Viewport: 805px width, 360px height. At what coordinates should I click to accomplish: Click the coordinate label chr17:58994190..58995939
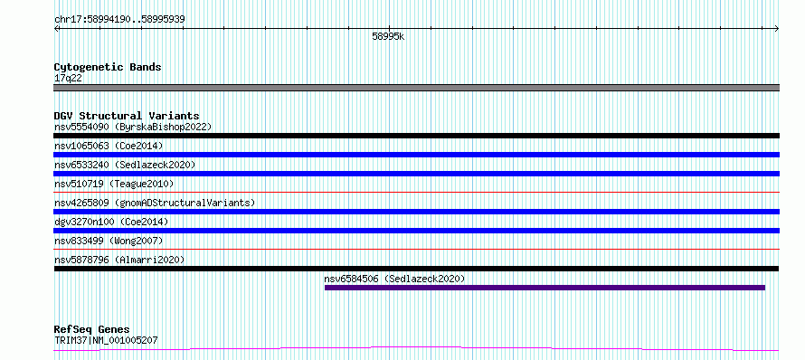(x=119, y=20)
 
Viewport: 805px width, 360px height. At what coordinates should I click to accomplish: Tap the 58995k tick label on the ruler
(x=388, y=37)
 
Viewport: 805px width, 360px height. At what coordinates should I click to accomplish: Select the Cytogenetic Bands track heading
(x=108, y=67)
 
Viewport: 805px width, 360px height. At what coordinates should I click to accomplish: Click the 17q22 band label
(x=68, y=79)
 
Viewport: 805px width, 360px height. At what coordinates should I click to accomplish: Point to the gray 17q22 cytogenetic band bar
(x=416, y=88)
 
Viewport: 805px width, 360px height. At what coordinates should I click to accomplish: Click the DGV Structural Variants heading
(x=127, y=116)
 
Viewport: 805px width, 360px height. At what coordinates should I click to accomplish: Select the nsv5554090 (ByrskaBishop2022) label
(x=133, y=127)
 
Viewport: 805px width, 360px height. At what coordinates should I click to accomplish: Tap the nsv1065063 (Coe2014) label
(x=109, y=146)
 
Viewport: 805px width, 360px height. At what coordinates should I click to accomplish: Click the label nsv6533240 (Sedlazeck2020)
(x=125, y=165)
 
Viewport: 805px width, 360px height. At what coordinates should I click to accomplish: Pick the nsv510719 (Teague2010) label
(x=114, y=184)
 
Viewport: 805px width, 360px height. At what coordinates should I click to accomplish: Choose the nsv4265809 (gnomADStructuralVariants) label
(x=155, y=203)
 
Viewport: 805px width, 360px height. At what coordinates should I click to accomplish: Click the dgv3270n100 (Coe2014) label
(x=111, y=222)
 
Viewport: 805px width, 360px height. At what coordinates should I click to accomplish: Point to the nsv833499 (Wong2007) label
(x=109, y=241)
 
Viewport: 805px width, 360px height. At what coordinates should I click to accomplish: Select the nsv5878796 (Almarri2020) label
(x=119, y=260)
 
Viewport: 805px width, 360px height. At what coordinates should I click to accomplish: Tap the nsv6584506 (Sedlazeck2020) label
(x=394, y=279)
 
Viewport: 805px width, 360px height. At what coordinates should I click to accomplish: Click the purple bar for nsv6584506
(x=545, y=288)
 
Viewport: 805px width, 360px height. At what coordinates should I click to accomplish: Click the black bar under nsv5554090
(x=416, y=136)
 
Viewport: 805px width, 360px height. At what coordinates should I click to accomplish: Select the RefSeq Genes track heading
(x=92, y=329)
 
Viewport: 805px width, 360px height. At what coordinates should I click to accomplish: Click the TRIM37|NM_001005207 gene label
(x=106, y=340)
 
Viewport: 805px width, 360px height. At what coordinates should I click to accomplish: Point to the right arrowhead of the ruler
(x=777, y=29)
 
